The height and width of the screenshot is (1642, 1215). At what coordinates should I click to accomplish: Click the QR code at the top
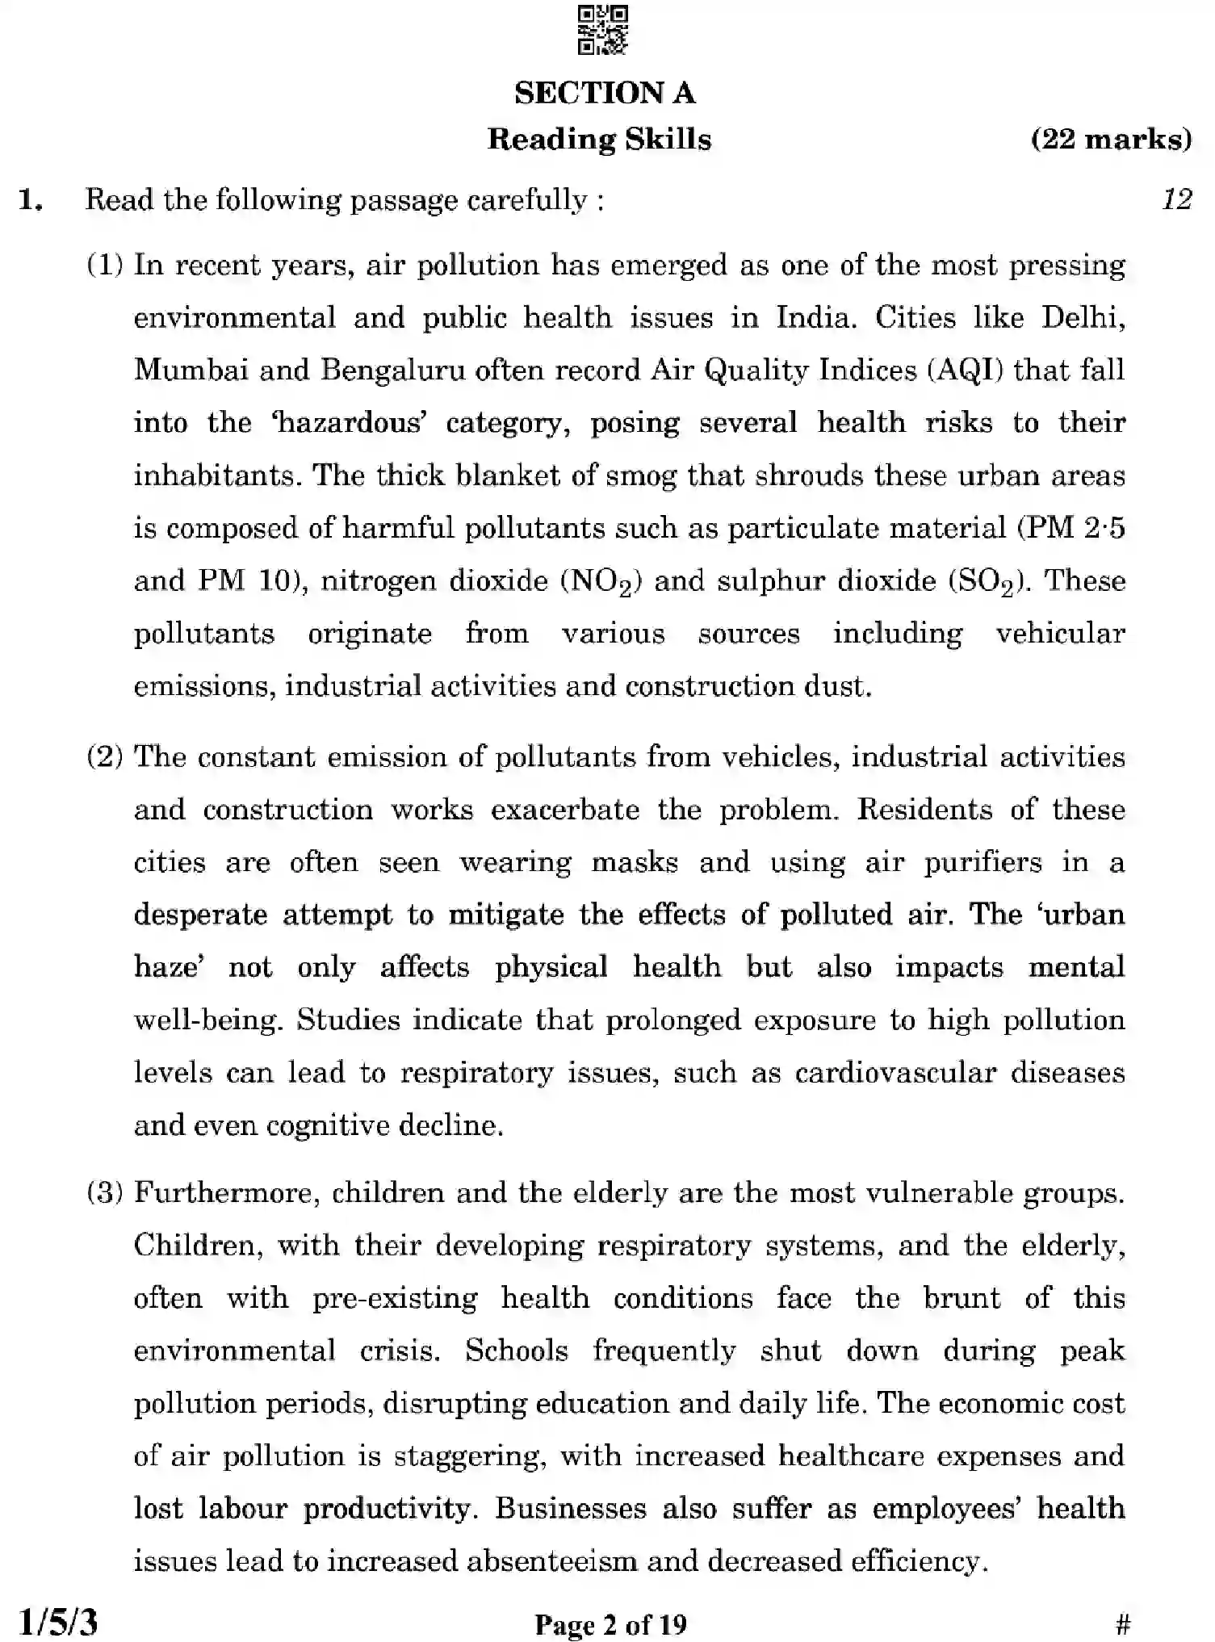[603, 30]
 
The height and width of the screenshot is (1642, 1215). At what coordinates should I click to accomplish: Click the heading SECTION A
[605, 93]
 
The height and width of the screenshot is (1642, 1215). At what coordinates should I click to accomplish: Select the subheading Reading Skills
[599, 140]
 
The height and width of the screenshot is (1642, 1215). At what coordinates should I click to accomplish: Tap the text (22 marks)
[1111, 140]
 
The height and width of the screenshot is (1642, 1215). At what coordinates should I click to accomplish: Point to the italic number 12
[1176, 199]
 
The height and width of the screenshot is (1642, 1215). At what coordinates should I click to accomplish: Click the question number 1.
[30, 200]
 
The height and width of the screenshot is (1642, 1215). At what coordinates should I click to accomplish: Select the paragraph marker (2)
[105, 757]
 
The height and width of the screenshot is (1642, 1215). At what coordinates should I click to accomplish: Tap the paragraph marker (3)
[105, 1192]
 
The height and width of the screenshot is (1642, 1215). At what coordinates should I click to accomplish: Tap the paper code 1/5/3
[58, 1622]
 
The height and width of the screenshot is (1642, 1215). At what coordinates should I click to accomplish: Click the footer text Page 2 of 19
[610, 1624]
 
